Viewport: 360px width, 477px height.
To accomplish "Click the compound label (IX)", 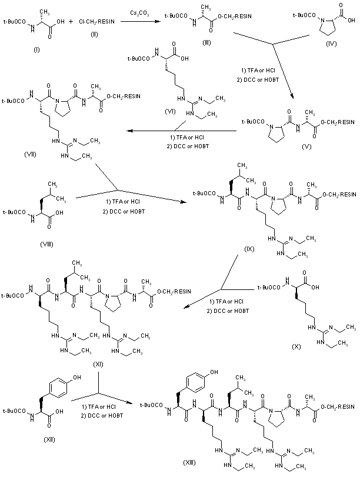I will pos(248,250).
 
